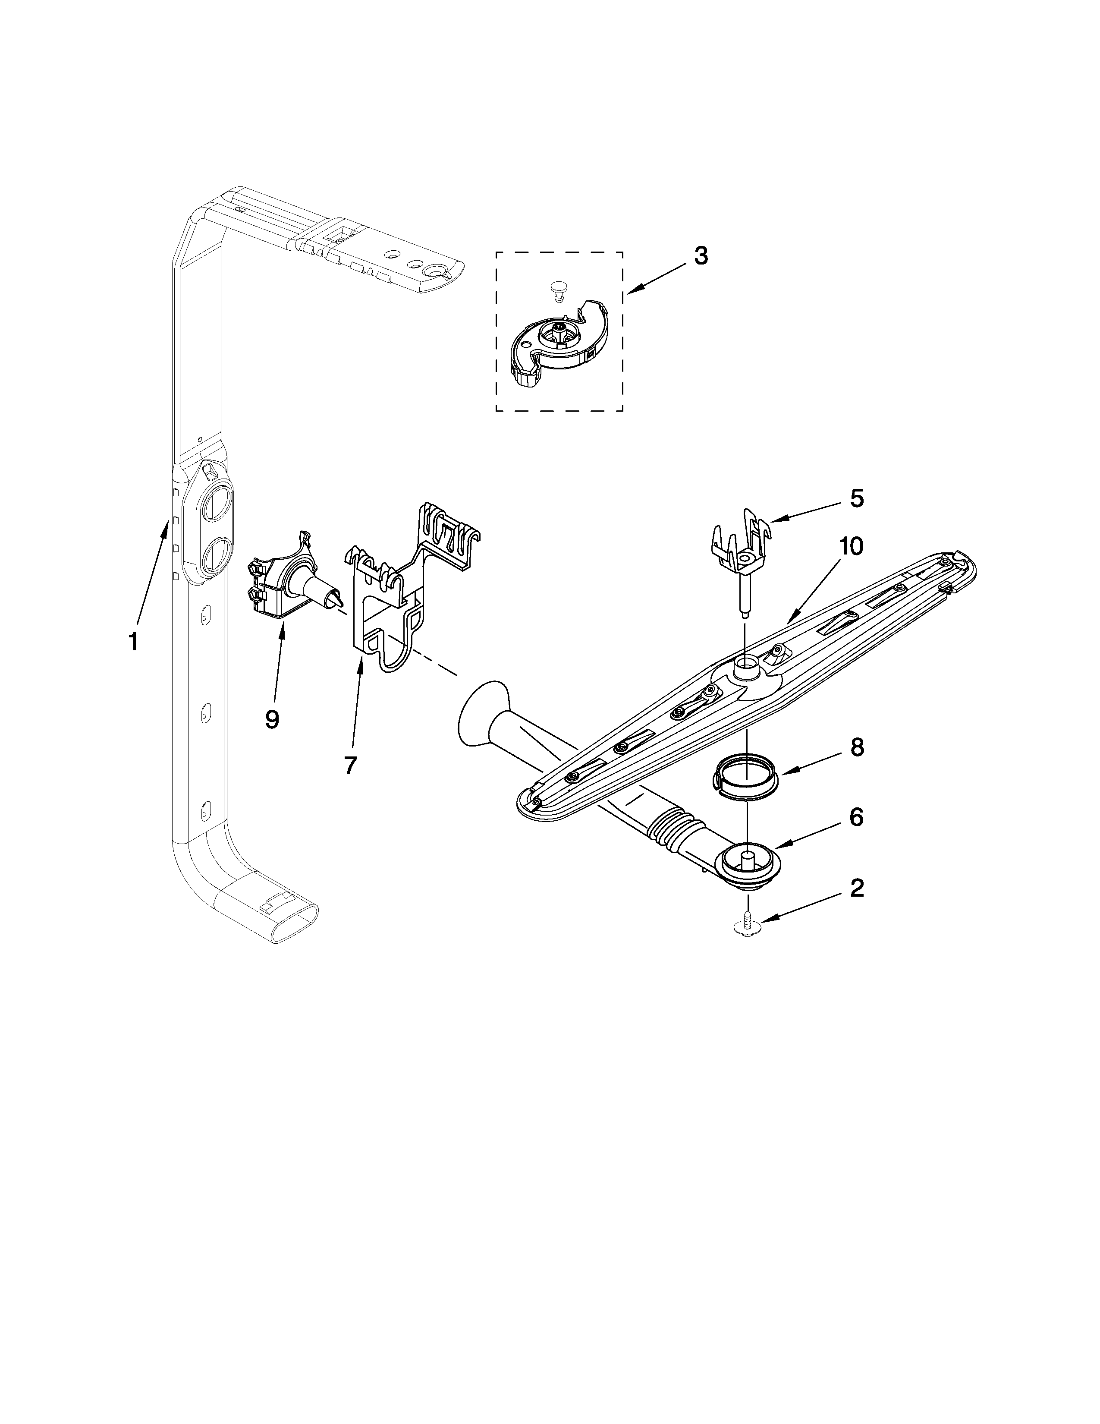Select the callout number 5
[x=856, y=499]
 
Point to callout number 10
[x=850, y=546]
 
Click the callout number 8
[x=856, y=747]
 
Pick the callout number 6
[x=856, y=817]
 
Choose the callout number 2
[x=856, y=887]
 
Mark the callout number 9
[x=272, y=719]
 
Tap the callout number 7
[x=351, y=765]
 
